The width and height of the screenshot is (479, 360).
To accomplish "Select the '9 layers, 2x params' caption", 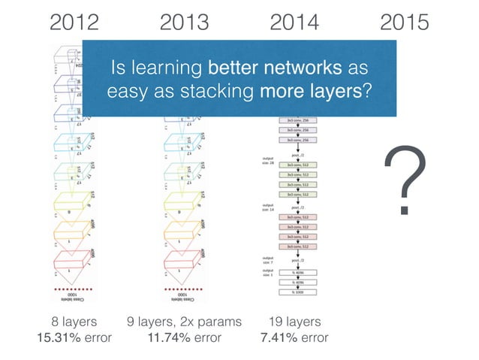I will click(x=184, y=322).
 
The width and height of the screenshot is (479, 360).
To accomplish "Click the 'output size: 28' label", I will click(x=268, y=162).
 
